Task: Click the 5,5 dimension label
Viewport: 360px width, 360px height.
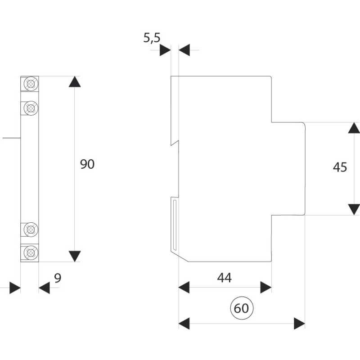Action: tap(152, 38)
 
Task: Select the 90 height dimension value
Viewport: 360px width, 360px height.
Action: tap(87, 164)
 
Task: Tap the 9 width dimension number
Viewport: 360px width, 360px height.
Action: tap(58, 278)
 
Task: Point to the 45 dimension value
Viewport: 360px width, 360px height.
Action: tap(340, 167)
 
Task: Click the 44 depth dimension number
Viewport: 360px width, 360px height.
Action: tap(224, 278)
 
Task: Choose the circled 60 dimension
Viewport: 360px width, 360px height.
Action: tap(242, 308)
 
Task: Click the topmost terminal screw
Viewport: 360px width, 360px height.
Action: tap(31, 84)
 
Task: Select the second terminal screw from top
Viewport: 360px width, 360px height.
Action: tap(31, 108)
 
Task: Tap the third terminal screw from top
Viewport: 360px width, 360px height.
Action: tap(31, 229)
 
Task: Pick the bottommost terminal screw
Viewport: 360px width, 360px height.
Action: tap(31, 253)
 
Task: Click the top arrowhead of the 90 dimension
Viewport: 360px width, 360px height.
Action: tap(75, 82)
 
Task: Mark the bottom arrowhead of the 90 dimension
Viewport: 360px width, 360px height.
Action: tap(75, 256)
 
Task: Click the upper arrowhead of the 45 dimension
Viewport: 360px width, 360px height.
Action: tap(354, 128)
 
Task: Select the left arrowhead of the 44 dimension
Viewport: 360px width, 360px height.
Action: tap(184, 287)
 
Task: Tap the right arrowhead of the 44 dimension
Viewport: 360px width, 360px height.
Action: tap(266, 287)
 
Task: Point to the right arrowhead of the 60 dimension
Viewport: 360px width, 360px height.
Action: tap(299, 324)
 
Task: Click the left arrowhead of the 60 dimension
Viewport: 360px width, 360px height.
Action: tap(184, 324)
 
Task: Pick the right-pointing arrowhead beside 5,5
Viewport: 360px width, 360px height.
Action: tap(165, 50)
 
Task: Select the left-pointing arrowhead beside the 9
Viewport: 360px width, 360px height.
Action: tap(44, 288)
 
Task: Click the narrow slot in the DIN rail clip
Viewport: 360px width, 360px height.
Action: tap(175, 225)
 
